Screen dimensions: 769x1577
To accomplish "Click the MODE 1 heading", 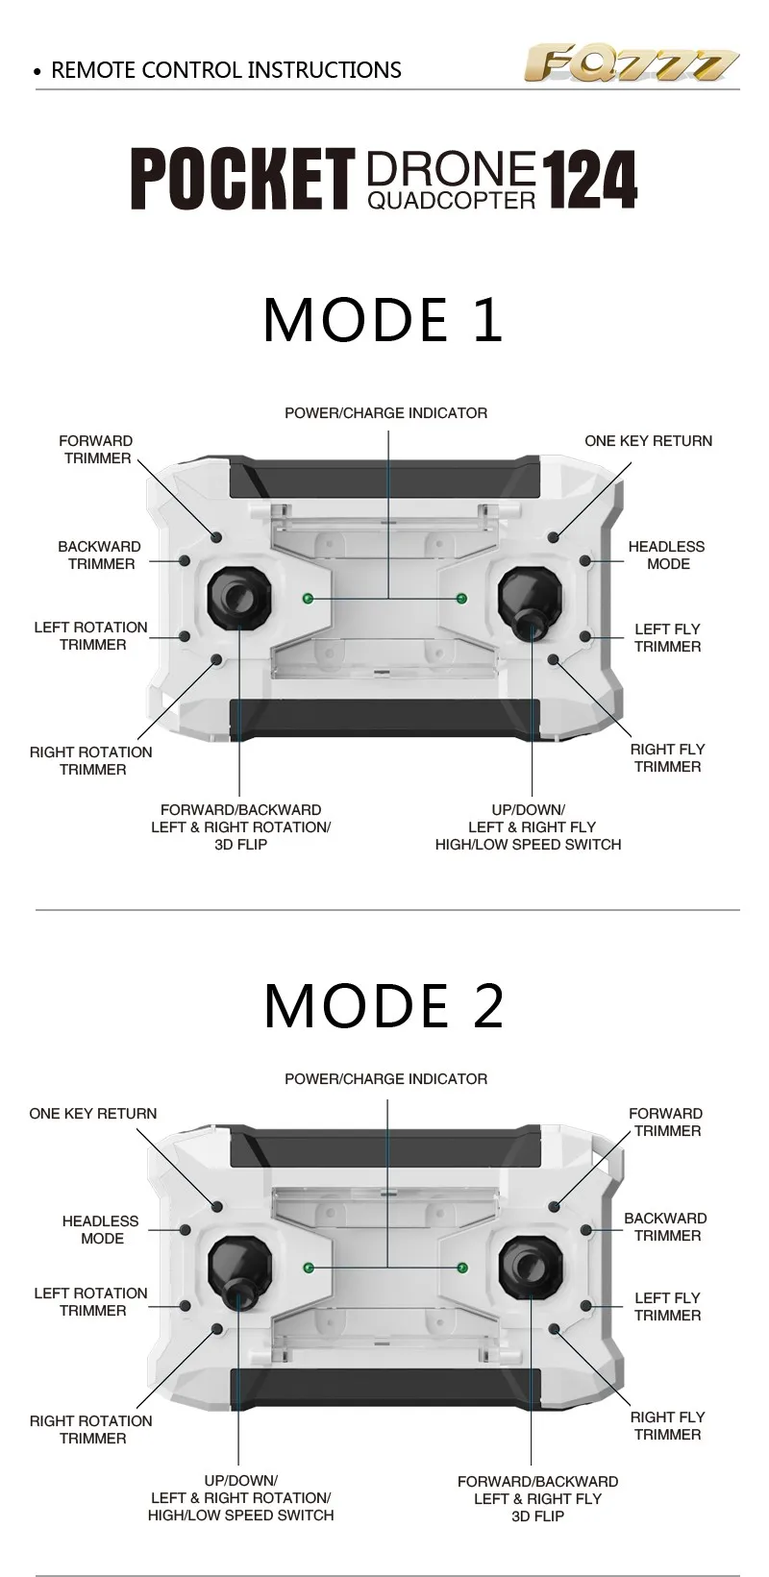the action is pos(384,320).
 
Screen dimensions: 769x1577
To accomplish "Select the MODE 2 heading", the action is pos(384,1004).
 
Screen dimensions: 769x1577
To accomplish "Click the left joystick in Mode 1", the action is pos(239,597).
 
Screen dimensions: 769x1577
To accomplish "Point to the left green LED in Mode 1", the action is pos(307,599).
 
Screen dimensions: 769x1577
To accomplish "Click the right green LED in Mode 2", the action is pos(462,1268).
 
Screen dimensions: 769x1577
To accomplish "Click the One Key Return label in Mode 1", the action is pos(648,441).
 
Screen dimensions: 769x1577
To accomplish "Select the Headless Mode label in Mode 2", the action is pos(101,1229).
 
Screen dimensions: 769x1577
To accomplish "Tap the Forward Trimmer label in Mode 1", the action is pos(96,449).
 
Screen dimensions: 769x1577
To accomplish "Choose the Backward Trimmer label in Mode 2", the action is pos(665,1226).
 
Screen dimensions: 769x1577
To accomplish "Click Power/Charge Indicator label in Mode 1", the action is pos(385,412).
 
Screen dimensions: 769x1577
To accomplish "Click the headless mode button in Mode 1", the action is pos(585,560).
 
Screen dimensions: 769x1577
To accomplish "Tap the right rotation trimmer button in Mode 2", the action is pos(217,1328).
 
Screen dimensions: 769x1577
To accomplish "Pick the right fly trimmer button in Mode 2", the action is pos(555,1328).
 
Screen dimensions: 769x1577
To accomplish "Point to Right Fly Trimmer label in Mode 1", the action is pos(667,757).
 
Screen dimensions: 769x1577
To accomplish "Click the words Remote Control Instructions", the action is pos(226,70).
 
